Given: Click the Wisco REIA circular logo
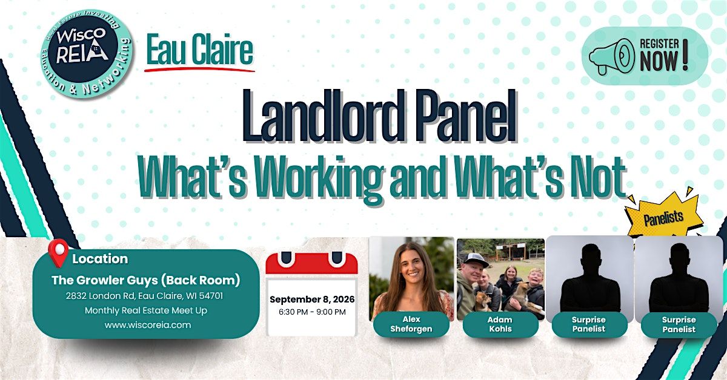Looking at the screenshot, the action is coord(86,53).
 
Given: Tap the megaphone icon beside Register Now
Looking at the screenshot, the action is coord(611,57).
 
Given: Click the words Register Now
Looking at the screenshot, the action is coord(663,55).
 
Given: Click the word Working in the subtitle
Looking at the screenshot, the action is coord(319,179).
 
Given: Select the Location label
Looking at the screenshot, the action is coord(100,259).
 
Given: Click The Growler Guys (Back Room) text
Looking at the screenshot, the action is coord(146,280).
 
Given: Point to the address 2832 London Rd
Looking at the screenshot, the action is coord(101,296).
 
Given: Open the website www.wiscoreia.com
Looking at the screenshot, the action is coord(148,325).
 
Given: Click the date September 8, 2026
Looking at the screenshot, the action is coord(312,300).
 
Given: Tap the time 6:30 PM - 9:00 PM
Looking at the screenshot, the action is coord(312,312).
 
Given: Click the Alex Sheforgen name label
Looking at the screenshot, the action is coord(411,324).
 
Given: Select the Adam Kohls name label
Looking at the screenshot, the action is coord(500,324).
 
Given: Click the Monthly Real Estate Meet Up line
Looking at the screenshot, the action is coord(146,310).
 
